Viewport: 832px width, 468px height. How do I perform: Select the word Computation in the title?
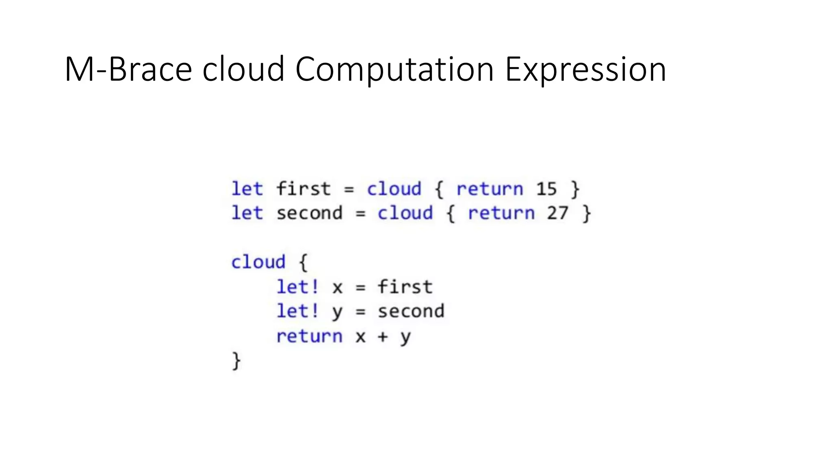pyautogui.click(x=394, y=69)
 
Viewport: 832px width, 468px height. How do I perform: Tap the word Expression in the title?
pyautogui.click(x=585, y=69)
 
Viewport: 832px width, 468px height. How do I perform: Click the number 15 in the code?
pyautogui.click(x=546, y=189)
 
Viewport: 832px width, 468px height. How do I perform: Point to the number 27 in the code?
pyautogui.click(x=557, y=213)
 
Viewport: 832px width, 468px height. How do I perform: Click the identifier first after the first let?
pyautogui.click(x=303, y=189)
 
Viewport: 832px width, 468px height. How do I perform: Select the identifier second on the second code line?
pyautogui.click(x=310, y=213)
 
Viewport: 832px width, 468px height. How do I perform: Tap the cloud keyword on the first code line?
pyautogui.click(x=394, y=189)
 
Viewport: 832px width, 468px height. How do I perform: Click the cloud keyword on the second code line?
pyautogui.click(x=405, y=213)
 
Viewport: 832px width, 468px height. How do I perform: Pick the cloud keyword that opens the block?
pyautogui.click(x=258, y=262)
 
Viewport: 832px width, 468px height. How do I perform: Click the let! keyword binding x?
pyautogui.click(x=298, y=287)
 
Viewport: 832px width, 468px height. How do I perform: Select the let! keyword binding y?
pyautogui.click(x=298, y=312)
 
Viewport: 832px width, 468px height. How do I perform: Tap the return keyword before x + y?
pyautogui.click(x=310, y=336)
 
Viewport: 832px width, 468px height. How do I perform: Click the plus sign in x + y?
pyautogui.click(x=383, y=337)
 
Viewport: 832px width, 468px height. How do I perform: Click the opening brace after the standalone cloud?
pyautogui.click(x=303, y=262)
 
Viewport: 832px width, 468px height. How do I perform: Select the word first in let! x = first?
pyautogui.click(x=405, y=287)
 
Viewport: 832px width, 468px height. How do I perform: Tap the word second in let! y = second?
pyautogui.click(x=411, y=312)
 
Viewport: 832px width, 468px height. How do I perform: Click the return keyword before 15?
pyautogui.click(x=490, y=189)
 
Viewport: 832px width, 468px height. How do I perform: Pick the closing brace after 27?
pyautogui.click(x=586, y=213)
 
